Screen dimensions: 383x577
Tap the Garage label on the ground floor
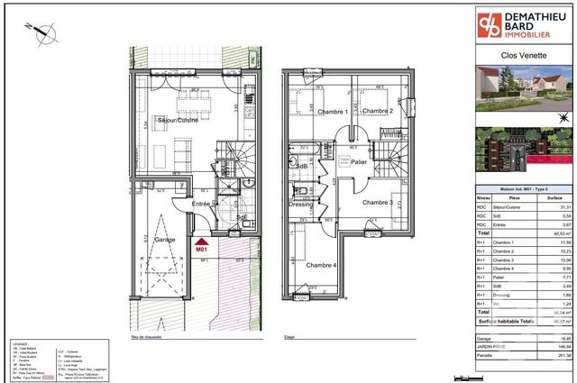coord(140,241)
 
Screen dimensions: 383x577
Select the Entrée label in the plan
coord(203,205)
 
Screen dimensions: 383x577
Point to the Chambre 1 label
coord(307,111)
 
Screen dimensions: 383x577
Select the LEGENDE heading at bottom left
coord(19,343)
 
